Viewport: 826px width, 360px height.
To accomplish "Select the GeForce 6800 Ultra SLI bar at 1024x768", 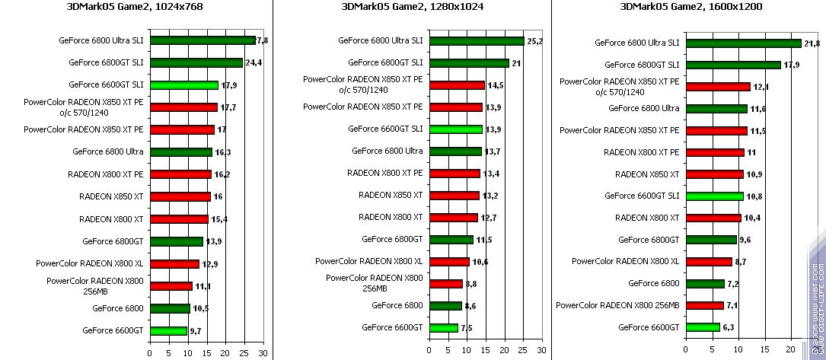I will [203, 40].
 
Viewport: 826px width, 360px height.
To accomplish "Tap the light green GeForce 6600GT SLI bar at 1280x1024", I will [455, 129].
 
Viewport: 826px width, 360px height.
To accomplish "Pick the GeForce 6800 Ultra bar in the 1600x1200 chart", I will [716, 109].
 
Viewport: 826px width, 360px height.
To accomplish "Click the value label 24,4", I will [253, 63].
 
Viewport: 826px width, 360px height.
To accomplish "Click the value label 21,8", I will [812, 43].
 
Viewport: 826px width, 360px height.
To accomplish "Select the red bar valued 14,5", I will [457, 85].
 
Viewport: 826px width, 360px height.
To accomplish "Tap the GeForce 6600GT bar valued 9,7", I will [168, 330].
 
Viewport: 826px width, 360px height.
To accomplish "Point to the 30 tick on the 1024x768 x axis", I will [263, 353].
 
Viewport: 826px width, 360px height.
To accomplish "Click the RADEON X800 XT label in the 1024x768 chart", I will [111, 219].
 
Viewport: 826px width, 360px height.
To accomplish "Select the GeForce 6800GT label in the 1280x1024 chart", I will [392, 239].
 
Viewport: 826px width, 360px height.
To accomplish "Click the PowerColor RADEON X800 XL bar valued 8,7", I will [709, 262].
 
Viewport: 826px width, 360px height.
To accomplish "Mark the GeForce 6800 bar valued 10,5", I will [170, 308].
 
